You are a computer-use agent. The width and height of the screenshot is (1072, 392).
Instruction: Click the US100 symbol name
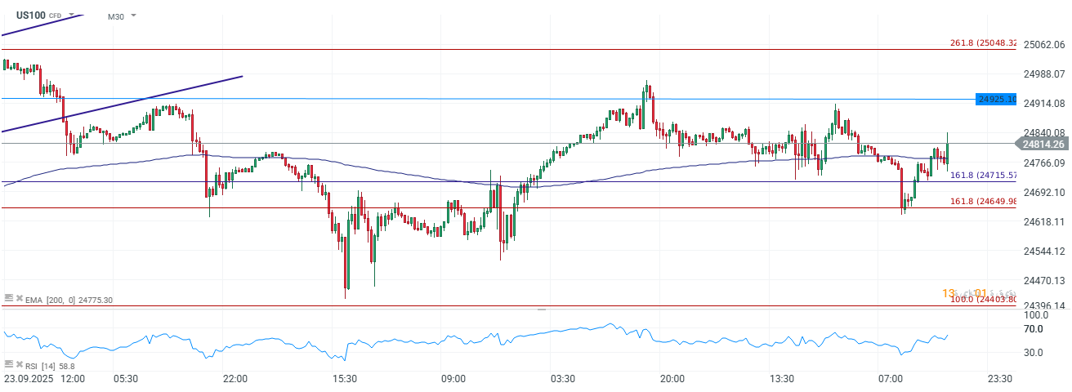coord(30,15)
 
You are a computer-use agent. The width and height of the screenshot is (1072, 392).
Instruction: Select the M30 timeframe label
coord(116,16)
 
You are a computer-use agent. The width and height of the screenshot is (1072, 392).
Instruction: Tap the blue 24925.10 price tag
coord(997,99)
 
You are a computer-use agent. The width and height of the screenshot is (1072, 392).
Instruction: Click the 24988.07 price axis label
coord(1043,74)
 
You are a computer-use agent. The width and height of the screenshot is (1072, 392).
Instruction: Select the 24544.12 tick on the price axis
coord(1043,251)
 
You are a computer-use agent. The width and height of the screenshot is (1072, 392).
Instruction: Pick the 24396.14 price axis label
coord(1043,306)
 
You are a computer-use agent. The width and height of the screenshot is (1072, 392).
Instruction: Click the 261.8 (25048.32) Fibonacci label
coord(983,43)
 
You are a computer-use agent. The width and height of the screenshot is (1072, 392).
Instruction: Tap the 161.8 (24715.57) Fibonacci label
coord(983,175)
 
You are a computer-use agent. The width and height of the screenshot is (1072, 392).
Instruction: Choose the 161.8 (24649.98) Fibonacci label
coord(983,202)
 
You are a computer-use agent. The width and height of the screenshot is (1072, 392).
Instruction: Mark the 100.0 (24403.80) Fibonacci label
coord(983,300)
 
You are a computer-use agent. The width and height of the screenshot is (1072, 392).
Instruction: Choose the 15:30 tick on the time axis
coord(344,379)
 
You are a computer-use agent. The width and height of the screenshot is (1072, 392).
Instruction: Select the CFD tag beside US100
coord(56,16)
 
